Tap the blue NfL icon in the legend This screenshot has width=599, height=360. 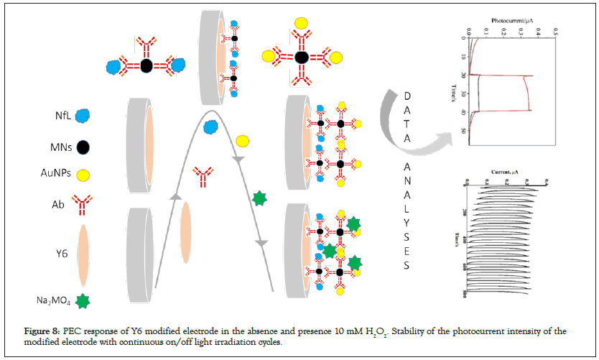83,115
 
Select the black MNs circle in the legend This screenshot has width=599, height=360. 83,147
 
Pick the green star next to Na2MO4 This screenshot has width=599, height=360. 83,301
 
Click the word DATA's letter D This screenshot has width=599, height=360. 407,96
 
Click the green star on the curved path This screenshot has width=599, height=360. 260,198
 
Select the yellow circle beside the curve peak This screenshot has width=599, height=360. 243,140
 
